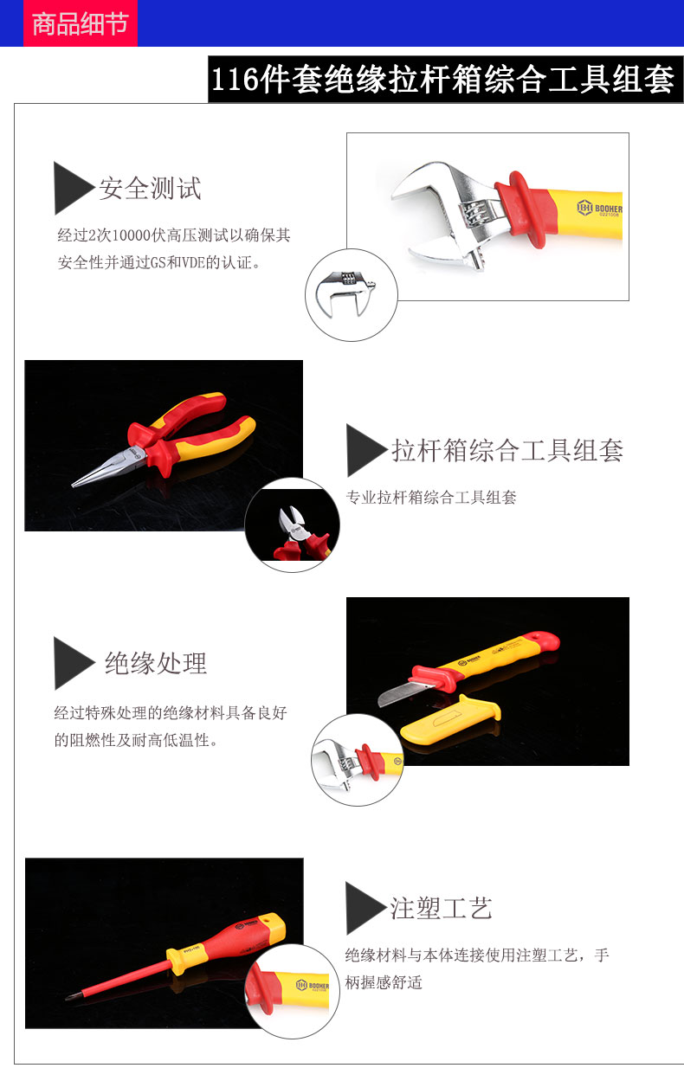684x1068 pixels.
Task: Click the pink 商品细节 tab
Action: [81, 23]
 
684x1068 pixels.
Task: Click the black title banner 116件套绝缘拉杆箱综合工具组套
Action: [446, 79]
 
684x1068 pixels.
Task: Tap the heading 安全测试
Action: [150, 188]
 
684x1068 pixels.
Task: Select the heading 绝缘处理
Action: [156, 663]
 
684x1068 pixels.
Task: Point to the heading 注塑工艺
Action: [441, 907]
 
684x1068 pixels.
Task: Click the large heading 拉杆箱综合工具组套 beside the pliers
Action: [507, 451]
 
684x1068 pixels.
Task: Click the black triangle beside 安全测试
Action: [73, 188]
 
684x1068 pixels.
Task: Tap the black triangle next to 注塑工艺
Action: [365, 908]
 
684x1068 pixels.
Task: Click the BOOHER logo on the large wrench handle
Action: [599, 209]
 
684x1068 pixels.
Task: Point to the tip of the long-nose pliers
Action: [74, 486]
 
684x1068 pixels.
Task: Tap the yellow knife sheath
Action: [450, 719]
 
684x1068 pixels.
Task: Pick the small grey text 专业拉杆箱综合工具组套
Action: [431, 498]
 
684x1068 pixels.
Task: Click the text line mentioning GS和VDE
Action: [160, 262]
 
